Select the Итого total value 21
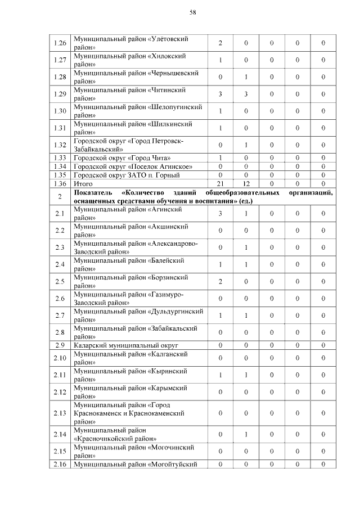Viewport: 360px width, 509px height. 220,183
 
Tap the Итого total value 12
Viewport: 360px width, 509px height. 246,183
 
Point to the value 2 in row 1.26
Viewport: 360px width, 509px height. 220,43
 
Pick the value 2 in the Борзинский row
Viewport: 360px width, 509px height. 220,281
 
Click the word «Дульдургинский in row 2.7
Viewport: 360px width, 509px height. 175,311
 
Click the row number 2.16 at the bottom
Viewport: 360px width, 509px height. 60,463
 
